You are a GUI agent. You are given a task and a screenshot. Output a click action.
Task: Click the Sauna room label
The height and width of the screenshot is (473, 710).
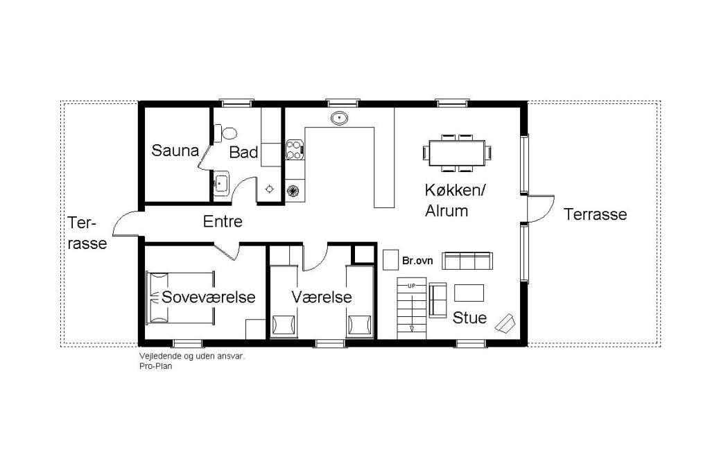[175, 150]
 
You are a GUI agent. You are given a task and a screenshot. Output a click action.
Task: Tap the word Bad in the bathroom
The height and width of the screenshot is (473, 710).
[243, 152]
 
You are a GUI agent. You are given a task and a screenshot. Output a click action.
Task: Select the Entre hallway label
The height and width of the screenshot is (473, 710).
[223, 221]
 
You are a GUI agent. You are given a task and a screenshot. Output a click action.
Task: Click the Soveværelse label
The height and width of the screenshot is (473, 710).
[208, 297]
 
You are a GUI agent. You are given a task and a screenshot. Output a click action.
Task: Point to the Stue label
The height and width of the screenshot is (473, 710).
[469, 318]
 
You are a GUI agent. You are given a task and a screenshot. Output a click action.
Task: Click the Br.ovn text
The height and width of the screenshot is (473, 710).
[417, 261]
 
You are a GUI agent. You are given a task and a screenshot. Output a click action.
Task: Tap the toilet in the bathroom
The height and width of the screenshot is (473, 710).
[226, 133]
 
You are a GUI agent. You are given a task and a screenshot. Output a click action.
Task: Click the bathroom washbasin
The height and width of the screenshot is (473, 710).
[221, 183]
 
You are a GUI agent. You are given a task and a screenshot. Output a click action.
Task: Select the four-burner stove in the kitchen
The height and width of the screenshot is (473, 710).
[295, 150]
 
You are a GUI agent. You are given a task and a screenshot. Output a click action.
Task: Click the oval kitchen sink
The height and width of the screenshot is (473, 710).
[339, 119]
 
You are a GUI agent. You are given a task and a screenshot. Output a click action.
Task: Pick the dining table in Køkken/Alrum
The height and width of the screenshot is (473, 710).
[458, 153]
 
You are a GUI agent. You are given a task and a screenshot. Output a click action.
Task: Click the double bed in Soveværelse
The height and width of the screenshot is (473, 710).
[180, 298]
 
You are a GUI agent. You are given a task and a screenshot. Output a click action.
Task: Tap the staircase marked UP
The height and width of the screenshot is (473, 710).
[412, 309]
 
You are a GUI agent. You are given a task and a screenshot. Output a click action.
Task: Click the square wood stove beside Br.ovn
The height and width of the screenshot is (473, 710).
[390, 259]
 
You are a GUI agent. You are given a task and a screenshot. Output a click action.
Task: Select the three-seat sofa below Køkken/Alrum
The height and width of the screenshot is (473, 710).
[467, 261]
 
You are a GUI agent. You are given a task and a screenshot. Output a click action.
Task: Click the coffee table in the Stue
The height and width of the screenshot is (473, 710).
[469, 293]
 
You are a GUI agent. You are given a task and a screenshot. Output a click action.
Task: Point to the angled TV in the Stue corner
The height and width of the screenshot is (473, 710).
[505, 322]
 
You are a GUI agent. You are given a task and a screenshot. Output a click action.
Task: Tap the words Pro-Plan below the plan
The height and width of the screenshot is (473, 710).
[156, 366]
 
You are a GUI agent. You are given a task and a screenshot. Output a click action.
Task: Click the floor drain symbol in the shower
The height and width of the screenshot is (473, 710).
[270, 189]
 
